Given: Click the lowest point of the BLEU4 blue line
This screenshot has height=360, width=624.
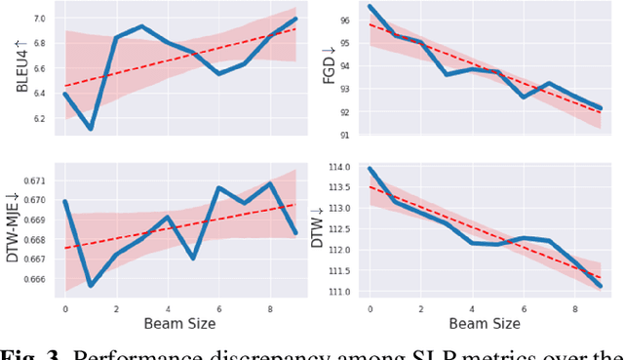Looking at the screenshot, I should tap(91, 129).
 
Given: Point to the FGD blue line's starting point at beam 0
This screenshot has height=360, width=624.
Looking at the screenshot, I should tap(370, 7).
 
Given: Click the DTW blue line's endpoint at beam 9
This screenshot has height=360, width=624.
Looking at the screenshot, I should tap(602, 287).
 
